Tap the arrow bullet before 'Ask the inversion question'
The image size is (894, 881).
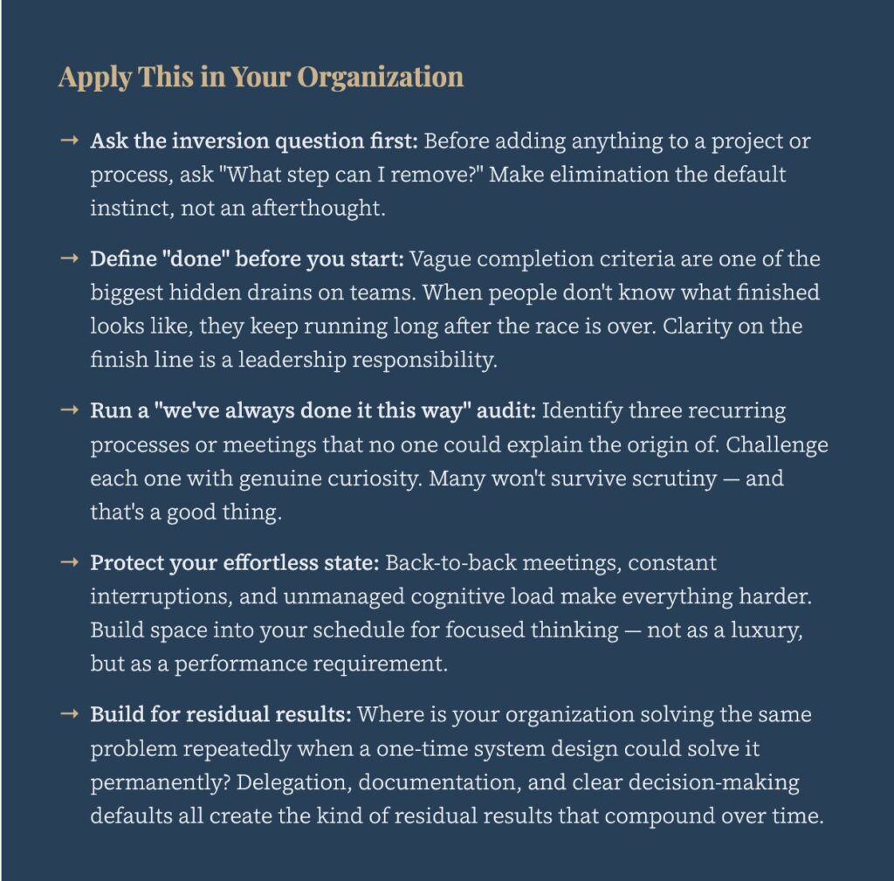[x=70, y=140]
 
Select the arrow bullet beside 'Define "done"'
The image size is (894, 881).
[x=70, y=259]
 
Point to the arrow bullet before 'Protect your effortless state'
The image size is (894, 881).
[x=70, y=562]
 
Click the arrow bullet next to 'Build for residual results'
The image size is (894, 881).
[x=70, y=714]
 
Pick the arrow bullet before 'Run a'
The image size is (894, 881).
[x=70, y=410]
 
